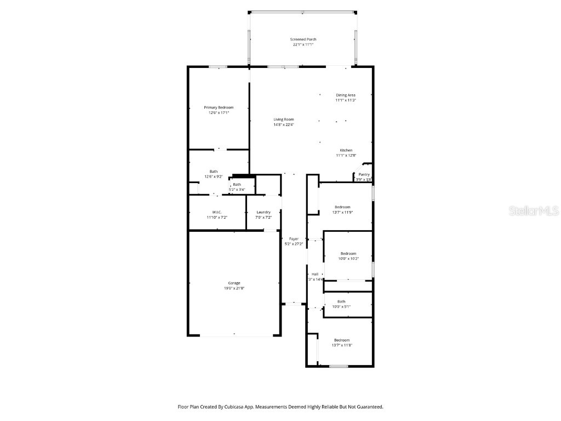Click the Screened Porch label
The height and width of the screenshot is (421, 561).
pos(303,39)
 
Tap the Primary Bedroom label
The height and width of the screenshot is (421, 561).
pos(219,107)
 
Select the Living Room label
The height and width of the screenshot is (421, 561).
pos(284,120)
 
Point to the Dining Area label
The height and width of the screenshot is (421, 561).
pos(346,95)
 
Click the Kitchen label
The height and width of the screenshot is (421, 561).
pos(346,150)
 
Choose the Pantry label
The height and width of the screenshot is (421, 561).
pos(364,174)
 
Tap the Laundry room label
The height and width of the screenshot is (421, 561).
pos(264,212)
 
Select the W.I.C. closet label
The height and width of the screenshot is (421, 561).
pos(216,212)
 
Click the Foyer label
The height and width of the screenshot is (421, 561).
pos(294,238)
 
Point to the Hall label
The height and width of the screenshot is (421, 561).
pos(315,274)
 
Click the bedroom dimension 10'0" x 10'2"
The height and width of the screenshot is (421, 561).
pos(348,259)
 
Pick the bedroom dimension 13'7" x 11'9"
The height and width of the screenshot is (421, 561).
pos(342,212)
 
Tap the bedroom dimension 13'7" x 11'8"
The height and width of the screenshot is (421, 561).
pos(342,345)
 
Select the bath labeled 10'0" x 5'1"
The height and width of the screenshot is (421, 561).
pos(341,306)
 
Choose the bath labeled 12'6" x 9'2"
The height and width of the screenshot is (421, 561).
pos(213,177)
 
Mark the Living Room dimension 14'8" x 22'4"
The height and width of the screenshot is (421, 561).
pos(284,124)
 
